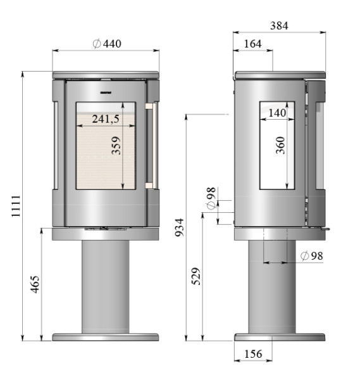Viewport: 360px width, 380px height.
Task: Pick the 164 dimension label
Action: tap(254, 44)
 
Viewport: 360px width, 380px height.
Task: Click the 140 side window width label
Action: tap(278, 113)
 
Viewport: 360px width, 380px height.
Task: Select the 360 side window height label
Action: tap(281, 146)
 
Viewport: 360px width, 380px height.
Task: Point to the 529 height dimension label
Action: tap(196, 276)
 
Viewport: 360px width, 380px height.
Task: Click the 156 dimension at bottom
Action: tap(254, 355)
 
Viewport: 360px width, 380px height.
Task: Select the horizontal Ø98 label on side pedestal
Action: tap(311, 256)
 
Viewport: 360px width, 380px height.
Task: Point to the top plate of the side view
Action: tap(280, 75)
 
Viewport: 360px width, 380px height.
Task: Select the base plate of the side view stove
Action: tap(280, 337)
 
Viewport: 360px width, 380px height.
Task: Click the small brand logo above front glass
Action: tap(105, 93)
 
